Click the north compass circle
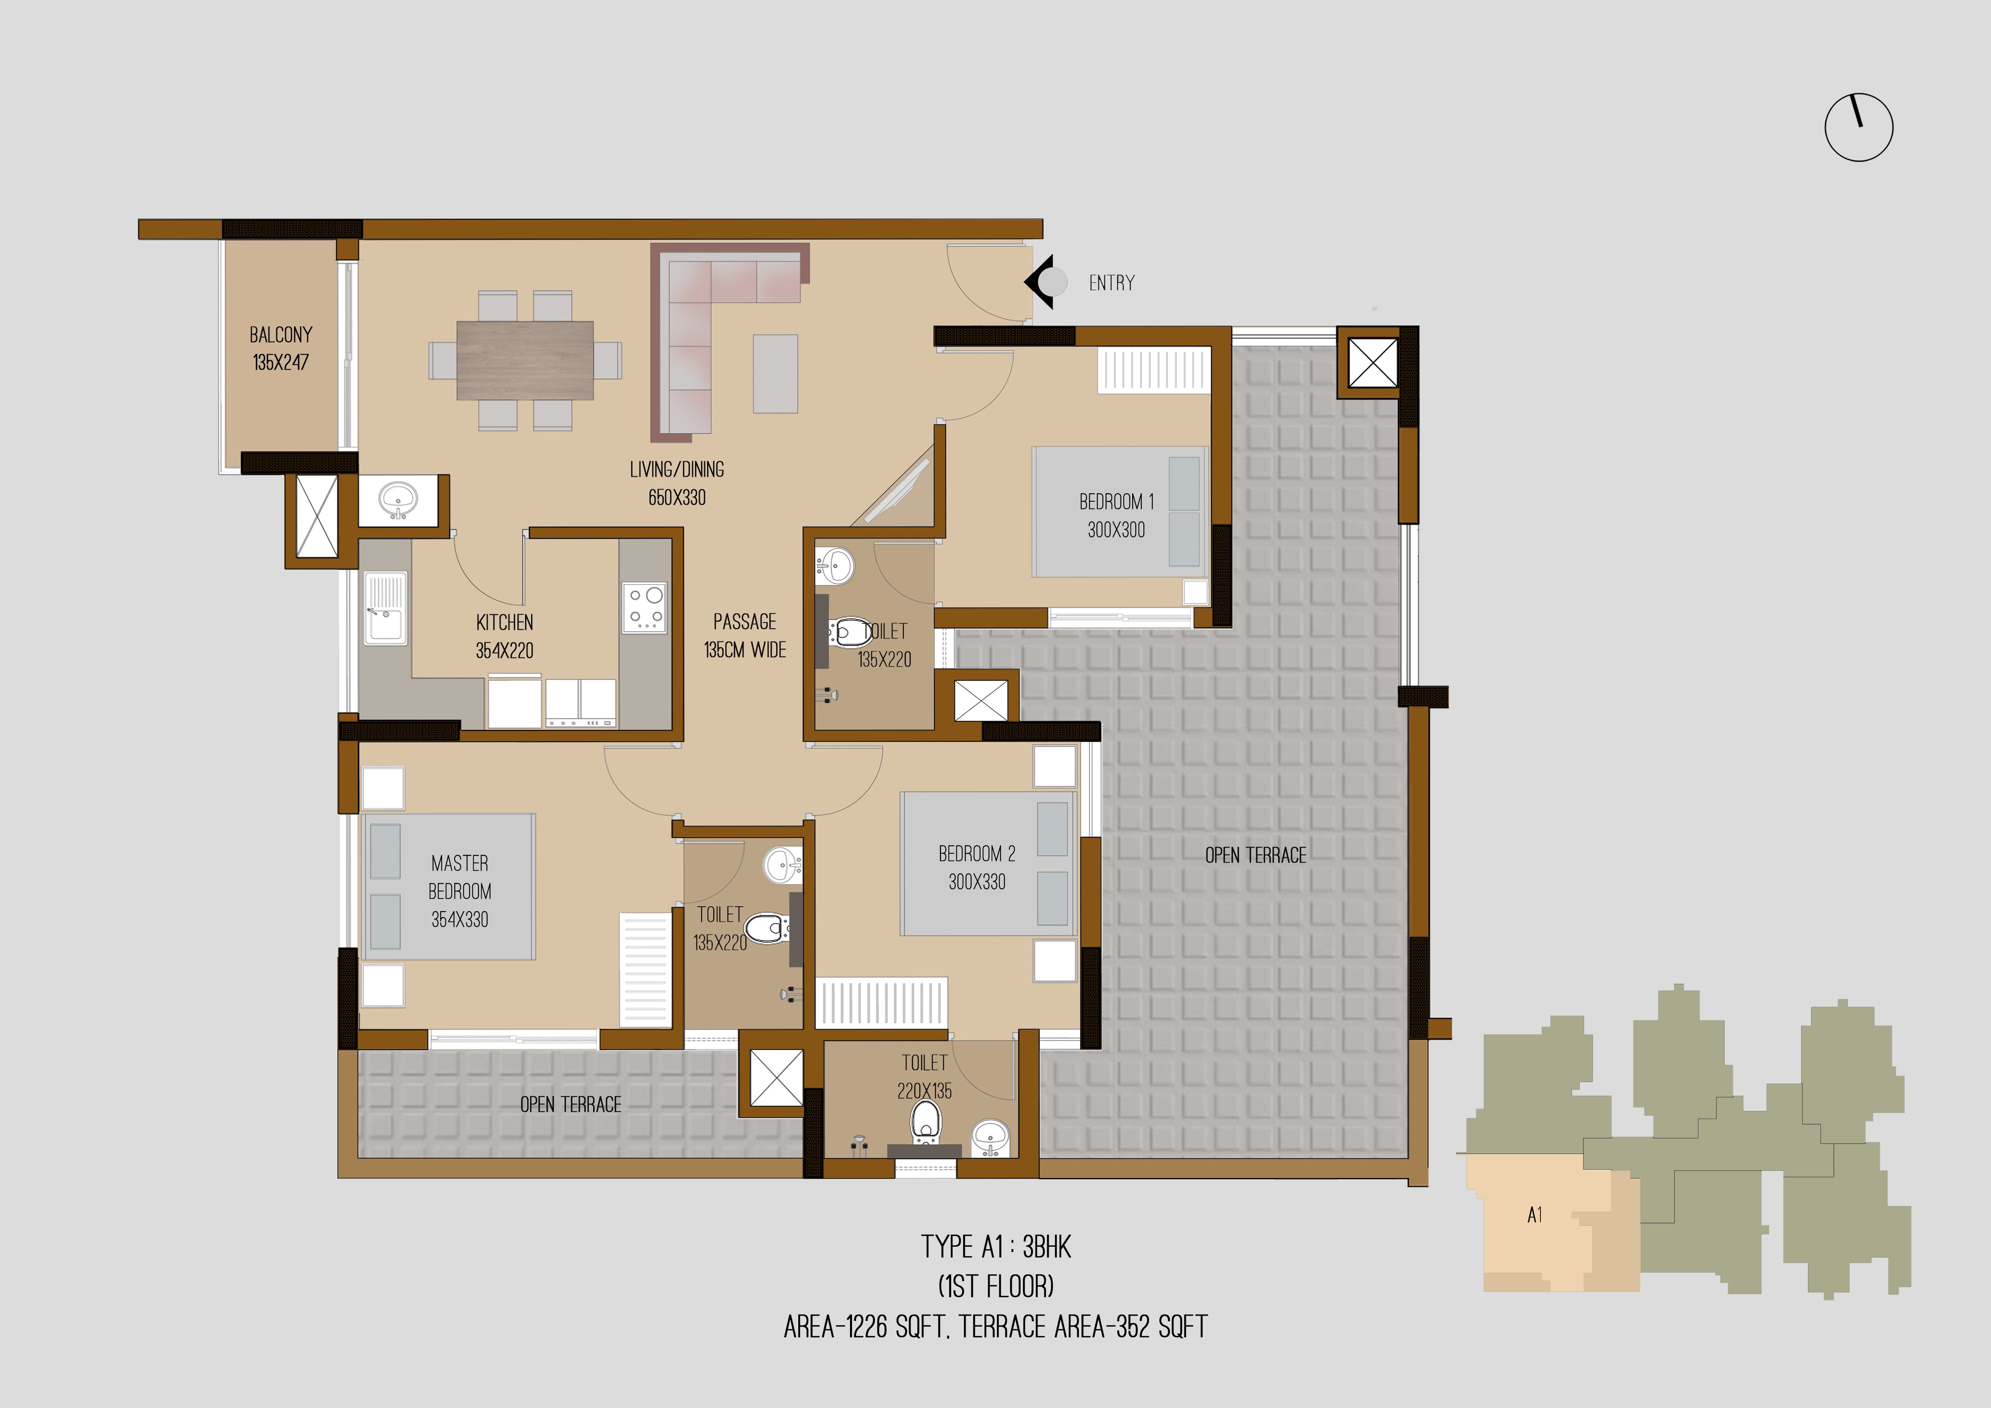pos(1858,128)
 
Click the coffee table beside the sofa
pos(775,374)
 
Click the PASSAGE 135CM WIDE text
pos(745,635)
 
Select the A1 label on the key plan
pos(1535,1215)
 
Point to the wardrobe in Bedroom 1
pos(1154,370)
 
